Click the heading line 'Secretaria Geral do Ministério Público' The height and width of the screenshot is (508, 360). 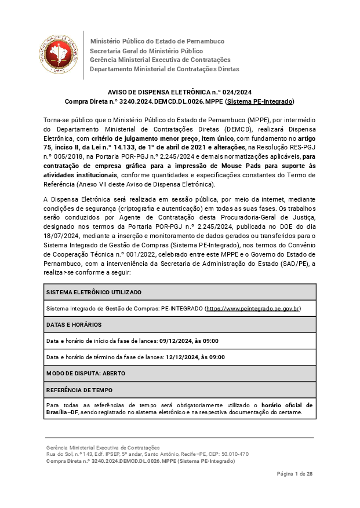146,50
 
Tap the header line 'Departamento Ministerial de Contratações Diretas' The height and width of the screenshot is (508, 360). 164,69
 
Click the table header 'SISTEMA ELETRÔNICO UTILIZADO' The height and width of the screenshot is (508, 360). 94,292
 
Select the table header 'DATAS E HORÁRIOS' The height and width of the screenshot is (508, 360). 74,325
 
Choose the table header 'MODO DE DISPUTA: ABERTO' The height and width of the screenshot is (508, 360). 85,374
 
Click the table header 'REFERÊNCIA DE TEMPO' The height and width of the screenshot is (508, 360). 79,390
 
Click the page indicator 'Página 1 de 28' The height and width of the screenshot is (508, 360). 295,474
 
